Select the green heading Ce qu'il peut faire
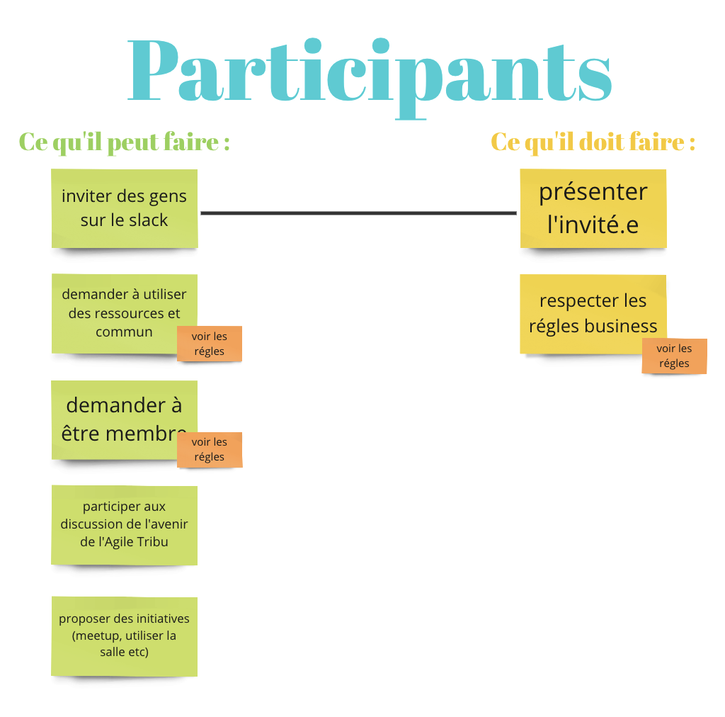pos(124,142)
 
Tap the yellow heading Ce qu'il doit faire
pos(593,142)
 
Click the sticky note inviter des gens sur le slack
pos(125,208)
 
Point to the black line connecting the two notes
pos(358,213)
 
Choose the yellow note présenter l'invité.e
pos(593,208)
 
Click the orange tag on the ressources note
pos(210,344)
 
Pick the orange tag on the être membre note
pos(210,450)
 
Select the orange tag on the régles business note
pos(674,356)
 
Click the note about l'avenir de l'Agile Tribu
pos(125,525)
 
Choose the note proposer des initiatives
pos(125,636)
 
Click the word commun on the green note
pos(124,332)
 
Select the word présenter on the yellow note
pos(593,192)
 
